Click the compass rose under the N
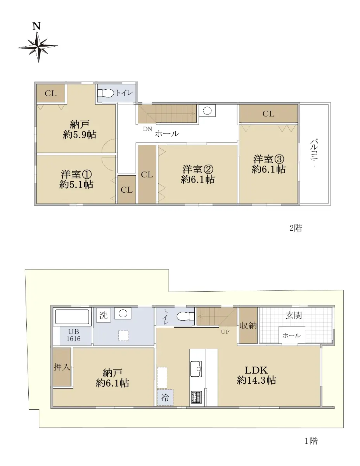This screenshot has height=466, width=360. pyautogui.click(x=38, y=47)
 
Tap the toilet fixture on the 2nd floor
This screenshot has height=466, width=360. pyautogui.click(x=106, y=93)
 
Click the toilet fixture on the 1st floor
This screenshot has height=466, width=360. pyautogui.click(x=185, y=316)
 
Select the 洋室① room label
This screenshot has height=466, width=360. pyautogui.click(x=76, y=174)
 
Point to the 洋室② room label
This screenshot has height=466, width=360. pyautogui.click(x=198, y=169)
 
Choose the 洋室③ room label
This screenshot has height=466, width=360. pyautogui.click(x=268, y=159)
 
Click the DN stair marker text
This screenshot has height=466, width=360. pyautogui.click(x=147, y=129)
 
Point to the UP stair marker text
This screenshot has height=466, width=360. pyautogui.click(x=225, y=332)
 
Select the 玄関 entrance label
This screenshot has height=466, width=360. pyautogui.click(x=294, y=315)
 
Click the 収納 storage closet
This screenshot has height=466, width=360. pyautogui.click(x=248, y=325)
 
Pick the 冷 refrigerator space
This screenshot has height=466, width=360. pyautogui.click(x=165, y=397)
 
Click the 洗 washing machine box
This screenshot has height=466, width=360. pyautogui.click(x=104, y=315)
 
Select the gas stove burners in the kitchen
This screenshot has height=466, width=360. pyautogui.click(x=196, y=397)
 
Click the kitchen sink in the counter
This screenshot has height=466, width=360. pyautogui.click(x=196, y=369)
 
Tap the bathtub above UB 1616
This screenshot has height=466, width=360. pyautogui.click(x=72, y=316)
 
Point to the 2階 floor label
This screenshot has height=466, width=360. pyautogui.click(x=296, y=228)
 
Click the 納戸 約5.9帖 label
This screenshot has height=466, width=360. pyautogui.click(x=80, y=130)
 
